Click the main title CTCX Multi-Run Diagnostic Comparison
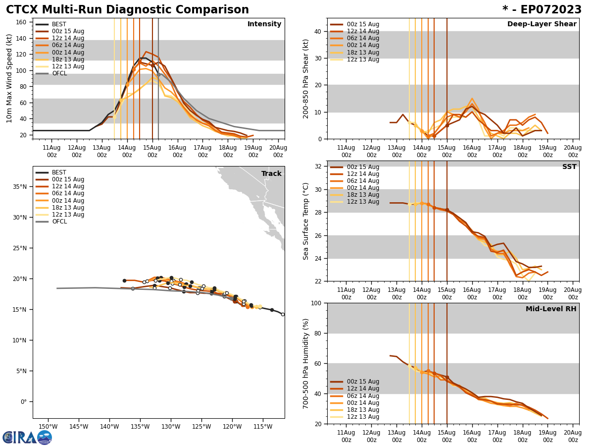(127, 10)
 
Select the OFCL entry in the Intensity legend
(59, 73)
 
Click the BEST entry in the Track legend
(59, 172)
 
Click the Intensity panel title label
(264, 24)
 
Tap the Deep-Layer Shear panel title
(542, 24)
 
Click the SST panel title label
(569, 167)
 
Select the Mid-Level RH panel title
(551, 309)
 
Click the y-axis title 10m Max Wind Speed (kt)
(9, 78)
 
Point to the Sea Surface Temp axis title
(306, 221)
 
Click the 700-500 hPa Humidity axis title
(306, 363)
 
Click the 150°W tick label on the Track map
(48, 426)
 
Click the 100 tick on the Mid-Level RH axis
(315, 303)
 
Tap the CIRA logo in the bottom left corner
(27, 437)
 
